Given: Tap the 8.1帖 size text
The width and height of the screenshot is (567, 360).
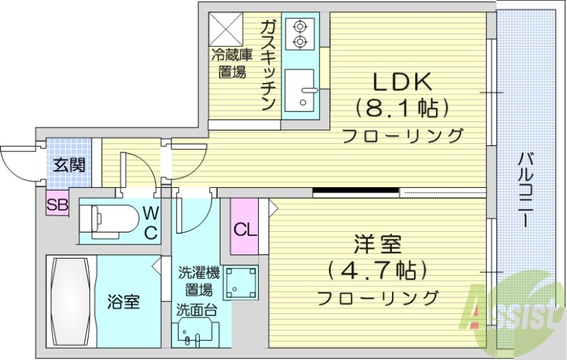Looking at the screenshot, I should pos(403,108).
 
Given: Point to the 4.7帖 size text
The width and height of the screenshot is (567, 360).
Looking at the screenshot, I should pos(377,270).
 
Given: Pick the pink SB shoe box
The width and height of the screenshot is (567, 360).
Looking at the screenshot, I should pos(57,206).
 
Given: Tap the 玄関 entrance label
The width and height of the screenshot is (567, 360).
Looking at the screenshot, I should pos(69,166).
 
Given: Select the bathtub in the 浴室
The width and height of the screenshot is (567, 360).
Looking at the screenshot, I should pos(70,300).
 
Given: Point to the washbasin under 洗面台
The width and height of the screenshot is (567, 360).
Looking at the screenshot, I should pos(194,333).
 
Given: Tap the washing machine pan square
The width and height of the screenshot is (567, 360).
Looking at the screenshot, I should pos(241,283).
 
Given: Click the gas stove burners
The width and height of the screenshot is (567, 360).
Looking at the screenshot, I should pos(300,34).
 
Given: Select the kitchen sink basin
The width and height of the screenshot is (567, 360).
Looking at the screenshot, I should pos(301,90).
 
